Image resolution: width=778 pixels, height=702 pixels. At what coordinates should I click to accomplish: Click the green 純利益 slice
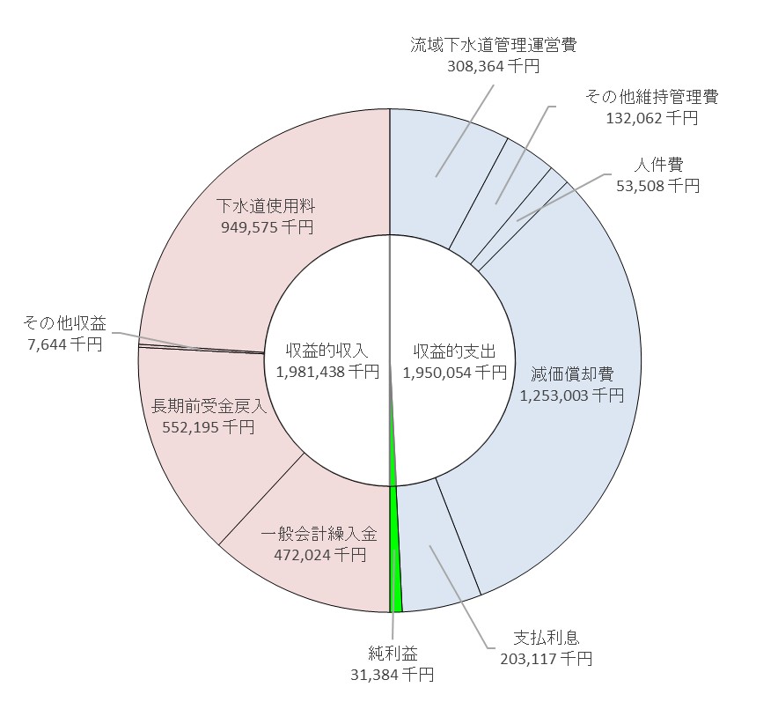tap(396, 564)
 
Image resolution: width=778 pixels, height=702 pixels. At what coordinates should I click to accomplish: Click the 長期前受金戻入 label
tap(209, 406)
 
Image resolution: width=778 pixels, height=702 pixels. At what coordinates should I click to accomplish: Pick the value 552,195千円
tap(209, 426)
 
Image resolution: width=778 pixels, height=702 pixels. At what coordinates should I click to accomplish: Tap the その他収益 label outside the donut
tap(66, 323)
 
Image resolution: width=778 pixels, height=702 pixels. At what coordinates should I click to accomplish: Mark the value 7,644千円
tap(66, 344)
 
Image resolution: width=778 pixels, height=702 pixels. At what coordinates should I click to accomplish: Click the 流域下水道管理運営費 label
tap(493, 45)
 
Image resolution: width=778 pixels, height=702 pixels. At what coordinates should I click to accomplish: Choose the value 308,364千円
tap(493, 65)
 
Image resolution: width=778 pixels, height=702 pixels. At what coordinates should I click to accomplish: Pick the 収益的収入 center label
tap(327, 351)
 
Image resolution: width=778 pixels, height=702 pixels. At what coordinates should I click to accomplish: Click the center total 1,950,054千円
tap(454, 372)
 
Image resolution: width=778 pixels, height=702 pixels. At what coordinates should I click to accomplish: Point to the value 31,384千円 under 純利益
tap(393, 674)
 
